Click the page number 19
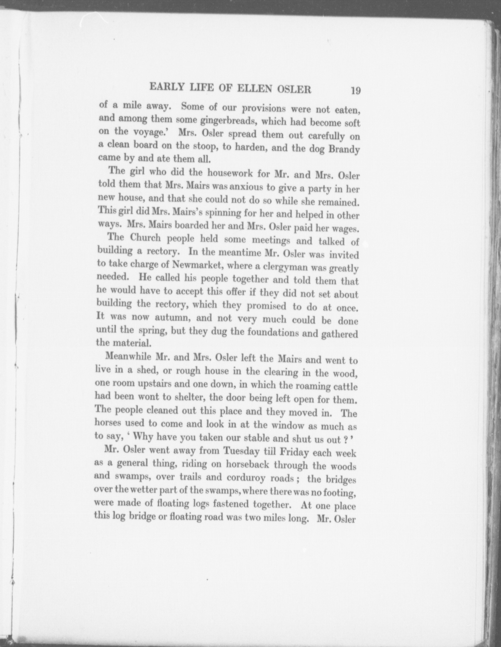tap(356, 91)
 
